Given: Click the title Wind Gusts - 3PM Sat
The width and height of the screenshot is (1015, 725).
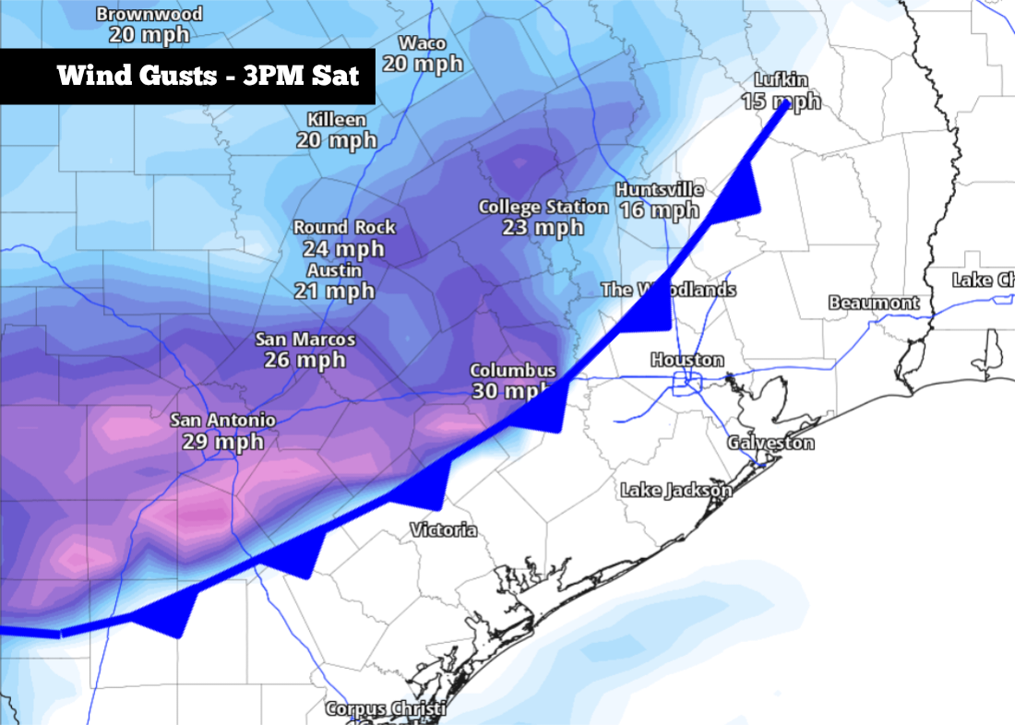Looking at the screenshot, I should point(208,75).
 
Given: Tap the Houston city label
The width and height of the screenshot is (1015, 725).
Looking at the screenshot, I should point(687,360).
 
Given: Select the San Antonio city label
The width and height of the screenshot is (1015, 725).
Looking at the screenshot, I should point(222,421).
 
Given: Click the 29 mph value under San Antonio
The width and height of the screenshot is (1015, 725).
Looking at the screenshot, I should point(222,442).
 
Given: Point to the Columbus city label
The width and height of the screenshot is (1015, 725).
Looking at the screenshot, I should point(513,371).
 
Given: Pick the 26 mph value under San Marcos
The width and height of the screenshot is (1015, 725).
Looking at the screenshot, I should point(304,360).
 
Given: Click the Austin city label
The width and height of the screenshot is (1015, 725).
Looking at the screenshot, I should point(335,271).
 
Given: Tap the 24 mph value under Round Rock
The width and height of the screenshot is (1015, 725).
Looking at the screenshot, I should point(343,248).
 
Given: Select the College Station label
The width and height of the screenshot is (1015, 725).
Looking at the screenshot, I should point(543,207).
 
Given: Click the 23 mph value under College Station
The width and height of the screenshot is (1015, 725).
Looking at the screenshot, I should point(543,227).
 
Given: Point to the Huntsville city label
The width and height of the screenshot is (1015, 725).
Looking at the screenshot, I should point(660,190).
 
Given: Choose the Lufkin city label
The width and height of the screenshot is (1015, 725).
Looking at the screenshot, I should point(781,81).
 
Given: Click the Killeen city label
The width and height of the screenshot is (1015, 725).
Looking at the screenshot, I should point(336,120).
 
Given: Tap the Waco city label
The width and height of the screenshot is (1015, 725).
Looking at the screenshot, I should point(423,43).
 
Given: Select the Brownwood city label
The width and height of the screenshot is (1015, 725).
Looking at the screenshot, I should point(149,15).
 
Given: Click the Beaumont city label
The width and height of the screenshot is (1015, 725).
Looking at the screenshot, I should point(874,303).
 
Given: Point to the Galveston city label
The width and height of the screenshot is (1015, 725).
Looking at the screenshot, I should point(770,443).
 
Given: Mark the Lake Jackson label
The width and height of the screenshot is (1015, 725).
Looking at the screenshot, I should point(676,490).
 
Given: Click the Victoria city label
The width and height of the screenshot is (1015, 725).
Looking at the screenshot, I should point(444,530).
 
